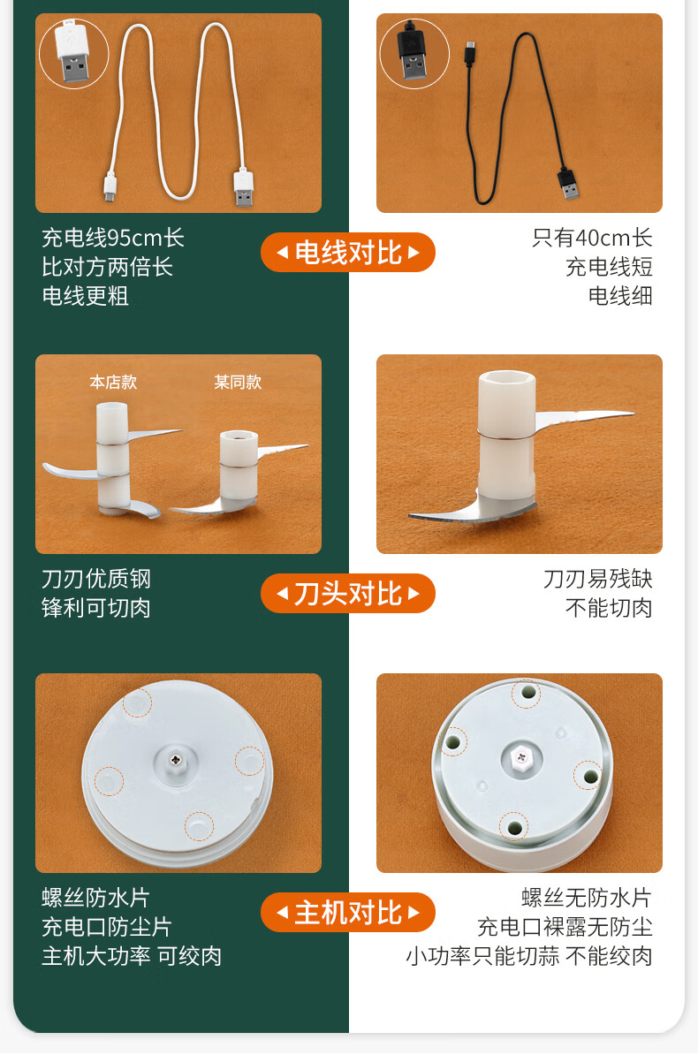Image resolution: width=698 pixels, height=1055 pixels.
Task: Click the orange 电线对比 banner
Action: (348, 253)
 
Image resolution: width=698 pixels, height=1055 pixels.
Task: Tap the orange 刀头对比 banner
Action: (348, 594)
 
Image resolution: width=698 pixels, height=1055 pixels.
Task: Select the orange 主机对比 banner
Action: (348, 913)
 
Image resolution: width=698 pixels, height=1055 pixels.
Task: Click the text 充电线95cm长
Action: (113, 238)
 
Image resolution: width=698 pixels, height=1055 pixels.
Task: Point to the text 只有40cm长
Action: (592, 238)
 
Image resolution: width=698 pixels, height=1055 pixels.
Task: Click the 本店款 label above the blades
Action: (113, 383)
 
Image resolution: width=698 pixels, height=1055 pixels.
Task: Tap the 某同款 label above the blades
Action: (238, 383)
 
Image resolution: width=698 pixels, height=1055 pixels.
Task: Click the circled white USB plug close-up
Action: (74, 54)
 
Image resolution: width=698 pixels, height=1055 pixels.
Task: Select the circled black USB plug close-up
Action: (414, 54)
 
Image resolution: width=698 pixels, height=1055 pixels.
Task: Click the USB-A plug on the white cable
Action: (244, 187)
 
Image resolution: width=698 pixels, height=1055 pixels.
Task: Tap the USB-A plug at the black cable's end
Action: (568, 184)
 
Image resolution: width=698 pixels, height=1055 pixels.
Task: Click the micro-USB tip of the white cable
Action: (110, 187)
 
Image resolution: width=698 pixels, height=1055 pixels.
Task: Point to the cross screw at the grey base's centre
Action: (177, 760)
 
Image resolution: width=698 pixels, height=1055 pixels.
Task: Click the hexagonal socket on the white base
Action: (521, 758)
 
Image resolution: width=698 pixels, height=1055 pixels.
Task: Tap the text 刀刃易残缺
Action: (597, 579)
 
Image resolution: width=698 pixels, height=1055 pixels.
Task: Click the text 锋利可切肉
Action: (96, 608)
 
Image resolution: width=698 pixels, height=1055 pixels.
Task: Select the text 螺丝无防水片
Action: (587, 898)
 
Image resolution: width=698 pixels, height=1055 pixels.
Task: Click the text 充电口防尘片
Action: (107, 927)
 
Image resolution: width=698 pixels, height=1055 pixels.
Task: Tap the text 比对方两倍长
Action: (107, 267)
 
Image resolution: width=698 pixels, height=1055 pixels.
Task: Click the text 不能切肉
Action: (609, 608)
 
